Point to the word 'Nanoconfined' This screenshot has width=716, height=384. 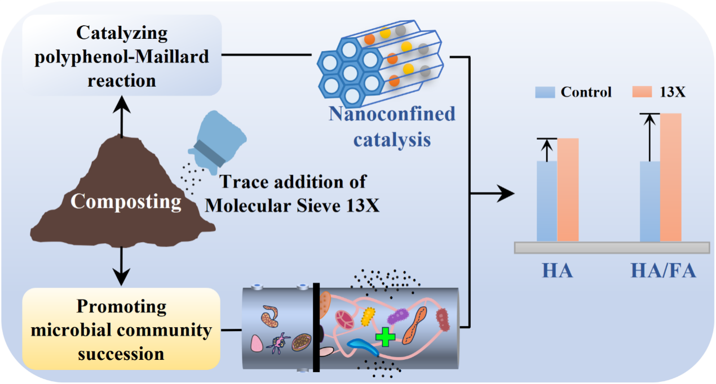[392, 114]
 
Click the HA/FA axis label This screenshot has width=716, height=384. [662, 271]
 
